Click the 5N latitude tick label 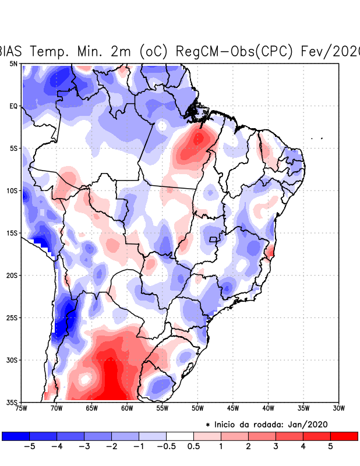tap(13, 63)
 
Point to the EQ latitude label tap(13, 106)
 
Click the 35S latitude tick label tap(12, 402)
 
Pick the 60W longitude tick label tap(127, 408)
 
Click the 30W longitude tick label tap(339, 408)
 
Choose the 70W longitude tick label tap(57, 408)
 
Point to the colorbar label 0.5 tap(193, 447)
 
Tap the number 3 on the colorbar tap(276, 447)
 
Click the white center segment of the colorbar tap(180, 436)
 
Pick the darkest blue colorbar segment tap(16, 436)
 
